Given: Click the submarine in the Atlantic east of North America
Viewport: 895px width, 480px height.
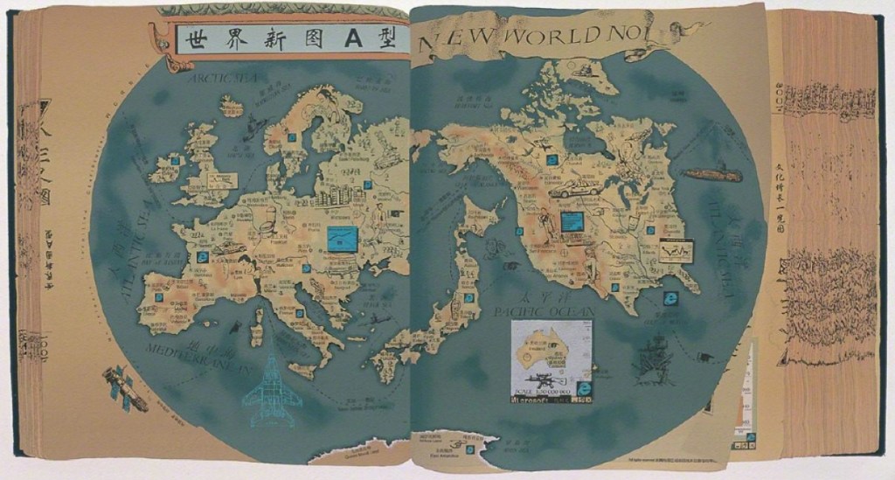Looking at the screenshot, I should [x=711, y=174].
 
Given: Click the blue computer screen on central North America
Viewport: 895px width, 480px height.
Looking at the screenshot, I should [x=572, y=222].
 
